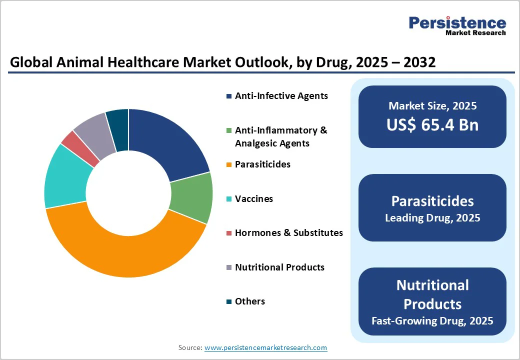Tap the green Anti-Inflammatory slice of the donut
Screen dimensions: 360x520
click(x=192, y=197)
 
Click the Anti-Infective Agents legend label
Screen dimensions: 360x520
click(x=281, y=95)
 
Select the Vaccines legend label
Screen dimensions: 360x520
click(x=254, y=198)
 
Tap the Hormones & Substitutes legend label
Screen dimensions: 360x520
click(x=289, y=232)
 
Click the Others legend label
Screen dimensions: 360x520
click(x=250, y=301)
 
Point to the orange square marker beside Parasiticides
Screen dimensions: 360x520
click(x=229, y=164)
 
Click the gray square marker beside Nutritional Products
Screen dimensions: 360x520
click(x=229, y=267)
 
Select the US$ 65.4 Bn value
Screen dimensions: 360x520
click(x=432, y=125)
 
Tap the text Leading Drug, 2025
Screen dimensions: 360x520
click(x=432, y=218)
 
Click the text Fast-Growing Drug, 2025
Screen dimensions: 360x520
click(x=432, y=320)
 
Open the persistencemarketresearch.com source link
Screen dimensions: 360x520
click(x=265, y=347)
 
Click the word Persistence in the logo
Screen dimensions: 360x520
click(x=457, y=22)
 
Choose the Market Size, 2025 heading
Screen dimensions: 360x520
click(x=432, y=105)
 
